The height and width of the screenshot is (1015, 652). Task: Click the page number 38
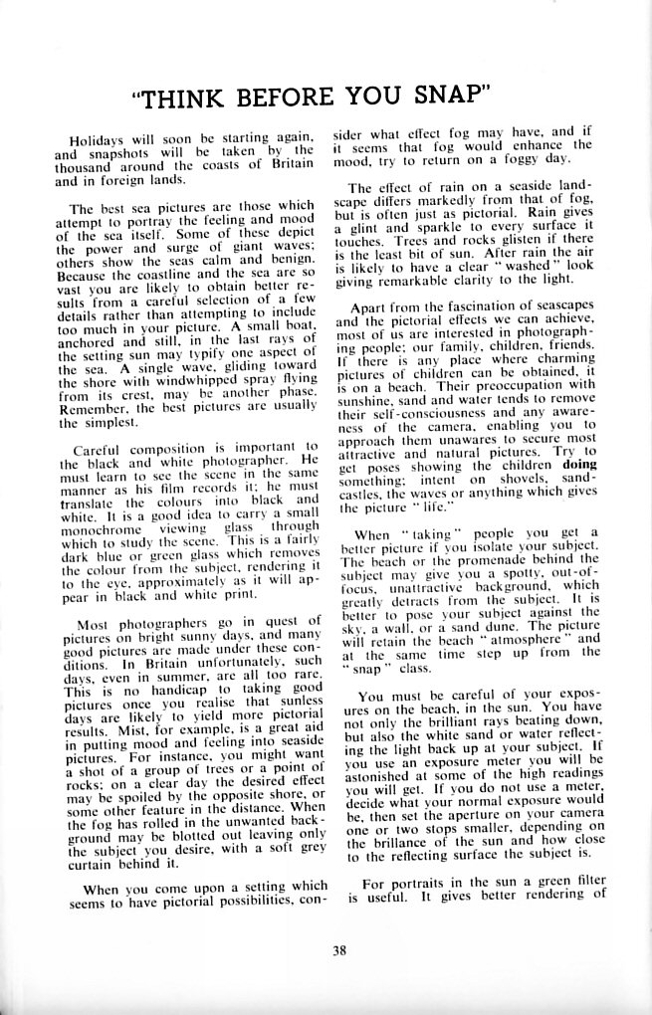click(339, 949)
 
